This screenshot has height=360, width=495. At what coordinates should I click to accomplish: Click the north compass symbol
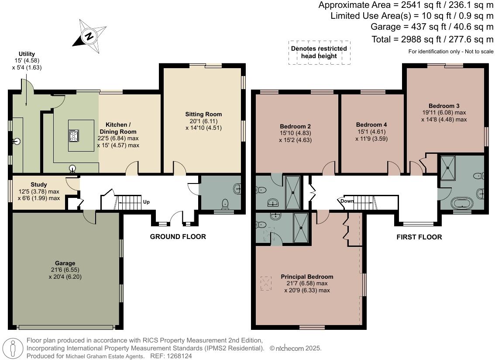89,35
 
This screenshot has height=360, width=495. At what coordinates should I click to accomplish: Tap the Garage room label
65,263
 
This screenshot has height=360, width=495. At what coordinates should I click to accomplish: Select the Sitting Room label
203,114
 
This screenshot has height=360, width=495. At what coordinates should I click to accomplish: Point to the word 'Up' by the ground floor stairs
147,202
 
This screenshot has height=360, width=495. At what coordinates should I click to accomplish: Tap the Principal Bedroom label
307,277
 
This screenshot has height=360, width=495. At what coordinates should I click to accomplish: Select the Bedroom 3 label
444,106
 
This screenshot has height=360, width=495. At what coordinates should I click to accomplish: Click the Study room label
39,185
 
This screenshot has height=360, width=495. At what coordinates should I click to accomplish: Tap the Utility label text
27,54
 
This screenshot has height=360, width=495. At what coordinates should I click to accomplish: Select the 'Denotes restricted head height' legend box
319,52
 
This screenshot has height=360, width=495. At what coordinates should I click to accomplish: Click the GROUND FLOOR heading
178,237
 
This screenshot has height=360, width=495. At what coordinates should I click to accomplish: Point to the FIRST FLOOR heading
419,237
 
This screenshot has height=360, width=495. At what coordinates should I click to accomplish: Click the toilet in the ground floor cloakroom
226,203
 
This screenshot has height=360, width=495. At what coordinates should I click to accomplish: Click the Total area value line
432,39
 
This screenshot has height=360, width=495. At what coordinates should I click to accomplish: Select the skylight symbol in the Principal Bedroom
265,283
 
